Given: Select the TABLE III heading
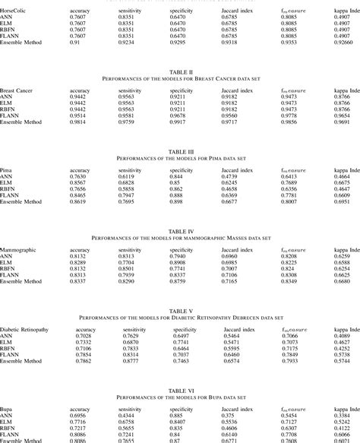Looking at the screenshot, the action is point(180,151).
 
